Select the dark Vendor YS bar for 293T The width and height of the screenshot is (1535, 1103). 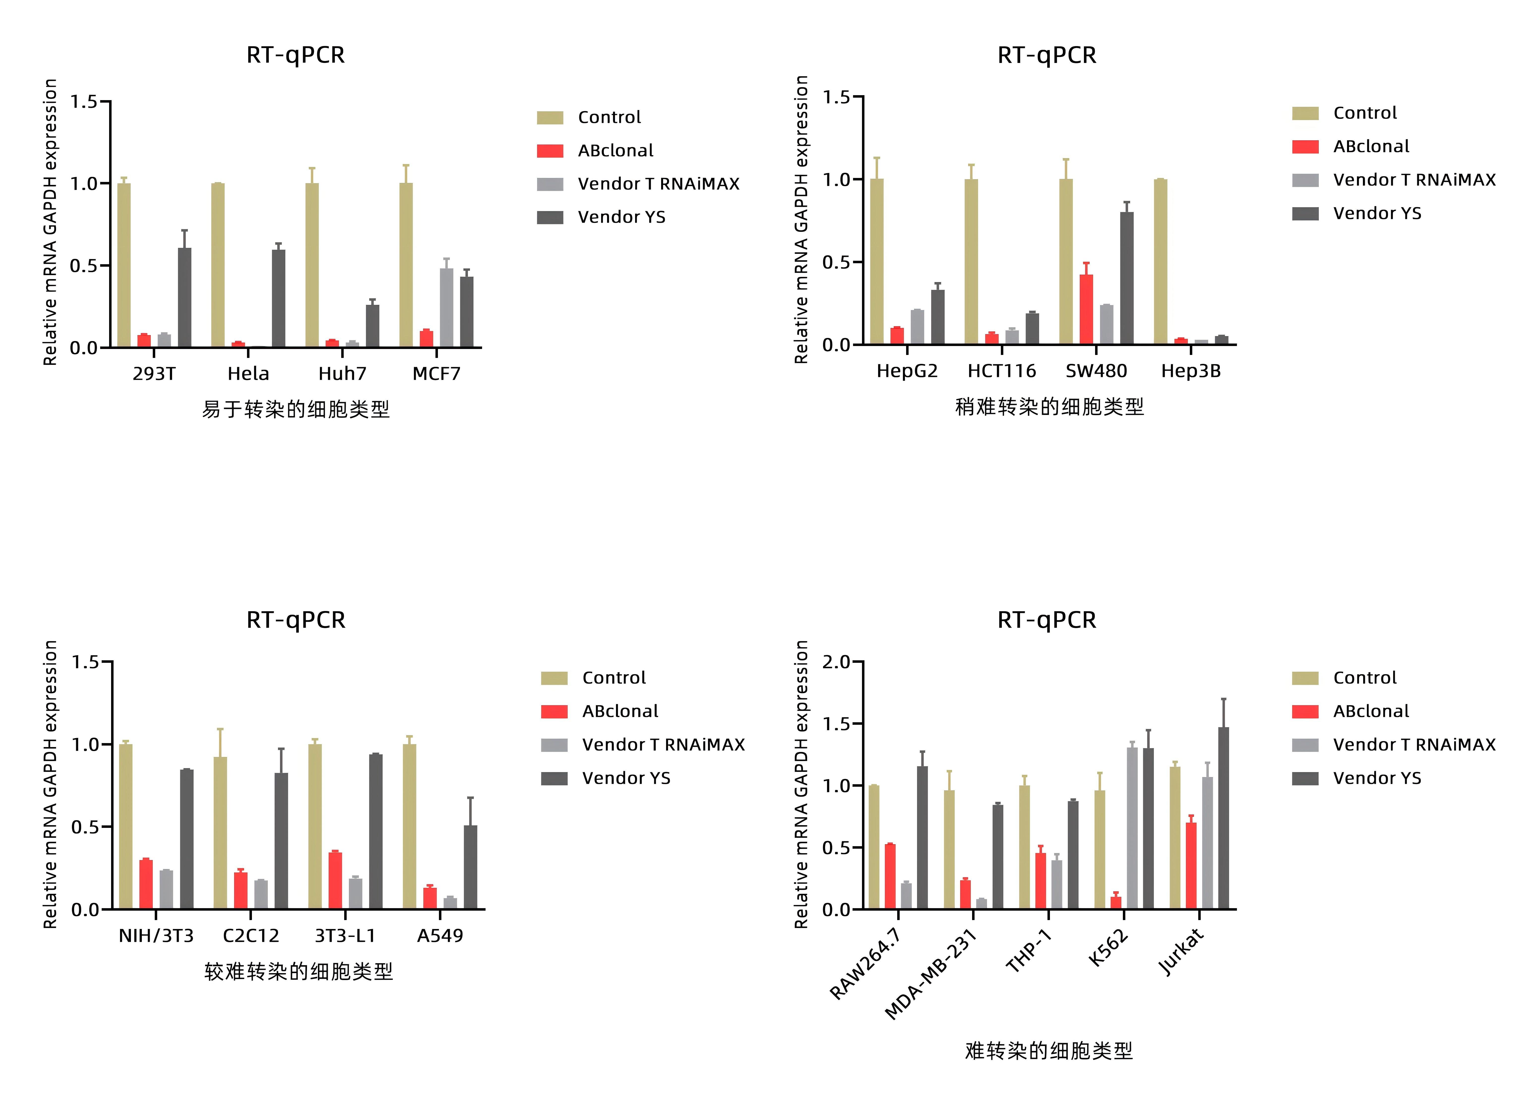pyautogui.click(x=184, y=298)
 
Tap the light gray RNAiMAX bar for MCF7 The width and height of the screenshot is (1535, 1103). pyautogui.click(x=447, y=308)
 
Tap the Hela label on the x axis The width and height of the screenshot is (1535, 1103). pyautogui.click(x=248, y=374)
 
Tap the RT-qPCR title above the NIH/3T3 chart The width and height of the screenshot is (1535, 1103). pyautogui.click(x=296, y=620)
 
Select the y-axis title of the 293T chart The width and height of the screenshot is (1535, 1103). pyautogui.click(x=50, y=222)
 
